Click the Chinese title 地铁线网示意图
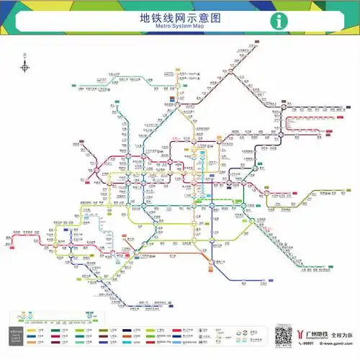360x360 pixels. (179, 17)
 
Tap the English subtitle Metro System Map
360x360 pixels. (179, 27)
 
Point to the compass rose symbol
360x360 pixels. (24, 67)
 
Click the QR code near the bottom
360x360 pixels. (284, 336)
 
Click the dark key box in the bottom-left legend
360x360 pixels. (16, 334)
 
